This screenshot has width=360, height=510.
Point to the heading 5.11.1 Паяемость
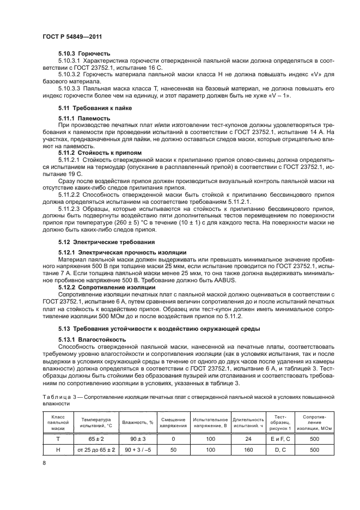pyautogui.click(x=84, y=118)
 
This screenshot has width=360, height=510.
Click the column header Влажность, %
pyautogui.click(x=138, y=422)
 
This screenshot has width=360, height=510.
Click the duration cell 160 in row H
pyautogui.click(x=248, y=450)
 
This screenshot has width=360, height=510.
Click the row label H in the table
pyautogui.click(x=58, y=450)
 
